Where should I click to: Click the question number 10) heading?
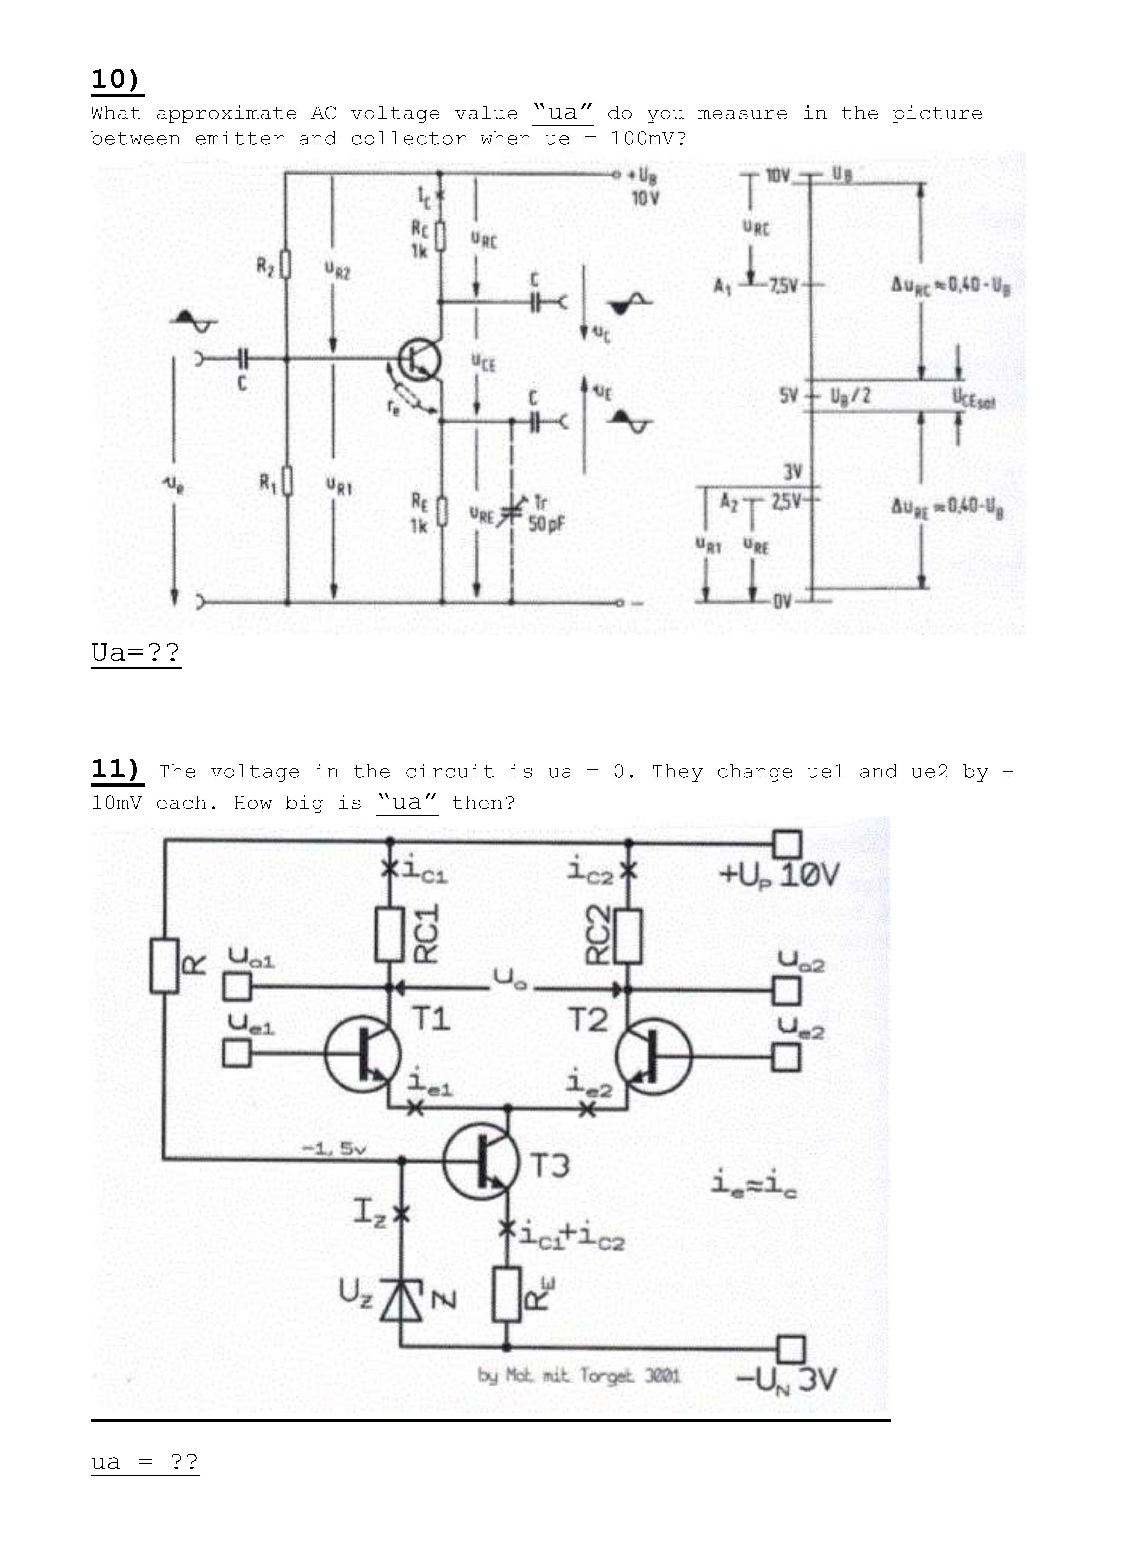[x=117, y=80]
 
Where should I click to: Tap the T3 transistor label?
[x=550, y=1166]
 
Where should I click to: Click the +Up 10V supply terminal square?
[x=788, y=843]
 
